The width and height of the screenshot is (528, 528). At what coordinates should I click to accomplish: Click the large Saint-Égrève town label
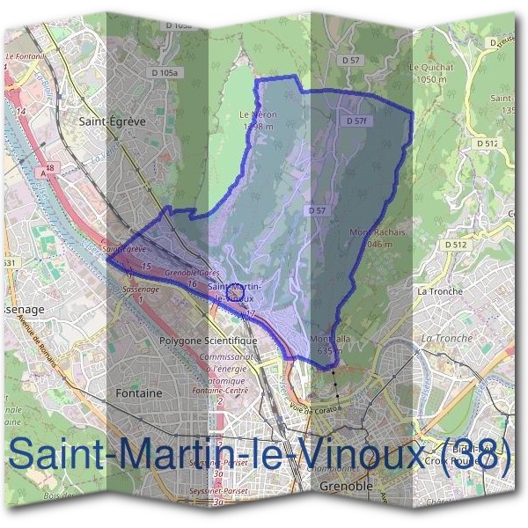click(x=112, y=122)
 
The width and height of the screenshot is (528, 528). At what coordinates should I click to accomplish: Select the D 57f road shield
click(x=356, y=120)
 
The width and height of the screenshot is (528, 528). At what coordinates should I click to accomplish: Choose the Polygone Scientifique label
click(x=208, y=340)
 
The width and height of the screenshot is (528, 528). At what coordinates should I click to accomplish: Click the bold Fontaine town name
click(x=139, y=393)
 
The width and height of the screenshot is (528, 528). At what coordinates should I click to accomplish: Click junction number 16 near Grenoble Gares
click(x=191, y=283)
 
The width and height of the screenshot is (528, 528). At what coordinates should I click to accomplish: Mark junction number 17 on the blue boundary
click(x=251, y=313)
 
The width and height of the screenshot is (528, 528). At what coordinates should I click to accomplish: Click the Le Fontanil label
click(x=25, y=56)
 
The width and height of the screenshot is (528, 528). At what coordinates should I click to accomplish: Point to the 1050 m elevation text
click(x=429, y=77)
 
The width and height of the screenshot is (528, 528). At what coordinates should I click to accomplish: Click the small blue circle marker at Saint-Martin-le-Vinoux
click(x=233, y=289)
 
